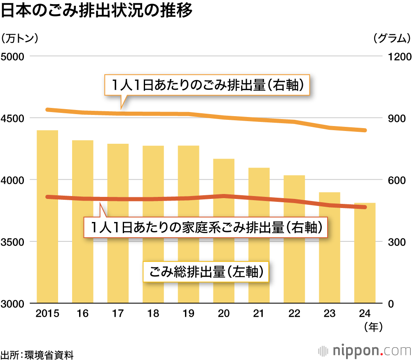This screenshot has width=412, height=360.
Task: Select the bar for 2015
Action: click(47, 247)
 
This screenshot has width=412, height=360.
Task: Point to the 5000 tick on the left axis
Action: click(14, 56)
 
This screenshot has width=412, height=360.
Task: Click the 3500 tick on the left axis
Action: click(14, 242)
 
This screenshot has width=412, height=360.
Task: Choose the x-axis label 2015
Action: click(47, 314)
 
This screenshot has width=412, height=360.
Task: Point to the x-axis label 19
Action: click(188, 314)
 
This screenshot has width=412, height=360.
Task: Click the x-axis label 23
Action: click(329, 314)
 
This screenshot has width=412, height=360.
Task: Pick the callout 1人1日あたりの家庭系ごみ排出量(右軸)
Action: click(206, 227)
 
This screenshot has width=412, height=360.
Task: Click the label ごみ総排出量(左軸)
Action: click(206, 272)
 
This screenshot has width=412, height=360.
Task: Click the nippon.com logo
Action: click(365, 351)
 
